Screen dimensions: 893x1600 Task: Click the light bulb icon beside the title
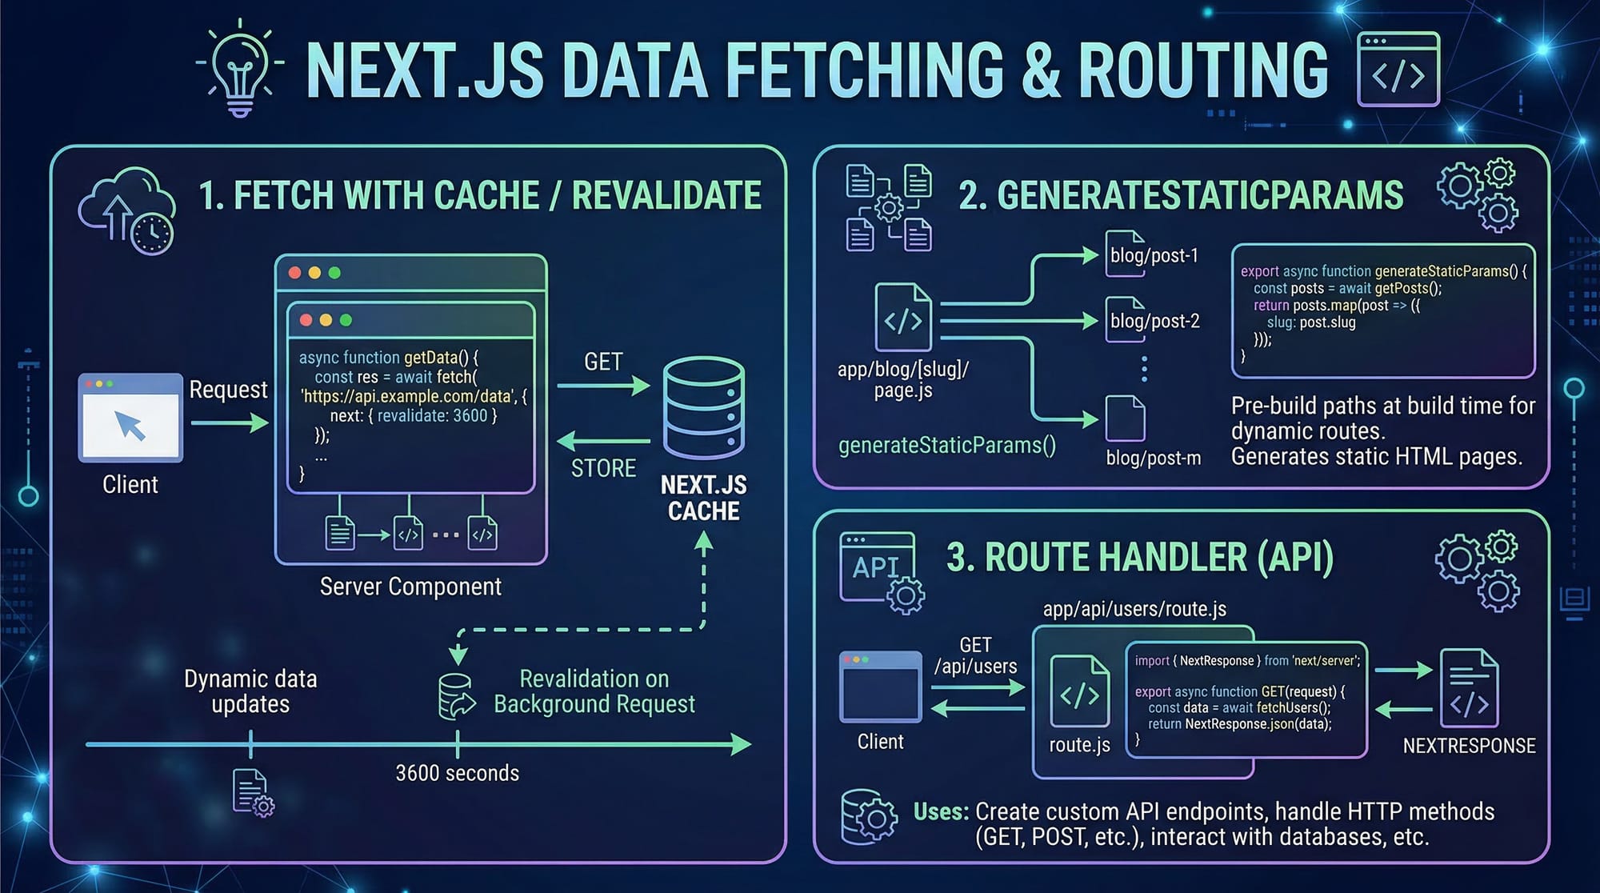point(240,70)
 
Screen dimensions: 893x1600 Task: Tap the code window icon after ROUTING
point(1398,70)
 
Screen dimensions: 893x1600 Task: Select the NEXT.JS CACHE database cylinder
point(704,407)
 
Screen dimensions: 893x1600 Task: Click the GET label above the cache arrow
point(603,362)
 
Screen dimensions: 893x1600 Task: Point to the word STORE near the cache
point(603,468)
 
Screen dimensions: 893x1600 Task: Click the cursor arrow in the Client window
point(130,425)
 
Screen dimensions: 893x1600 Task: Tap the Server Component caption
point(410,587)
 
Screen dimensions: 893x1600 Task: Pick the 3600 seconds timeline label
point(457,773)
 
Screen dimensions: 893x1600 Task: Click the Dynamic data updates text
point(250,691)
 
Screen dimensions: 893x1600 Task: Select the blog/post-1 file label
point(1154,256)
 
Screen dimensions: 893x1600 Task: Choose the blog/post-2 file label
point(1154,322)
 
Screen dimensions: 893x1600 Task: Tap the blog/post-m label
point(1153,458)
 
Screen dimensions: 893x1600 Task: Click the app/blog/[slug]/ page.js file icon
point(903,318)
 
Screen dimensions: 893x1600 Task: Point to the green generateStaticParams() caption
point(946,446)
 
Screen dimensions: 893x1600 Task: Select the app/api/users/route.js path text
point(1134,609)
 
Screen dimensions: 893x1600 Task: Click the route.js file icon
point(1079,692)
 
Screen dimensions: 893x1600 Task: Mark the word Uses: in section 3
point(941,812)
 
